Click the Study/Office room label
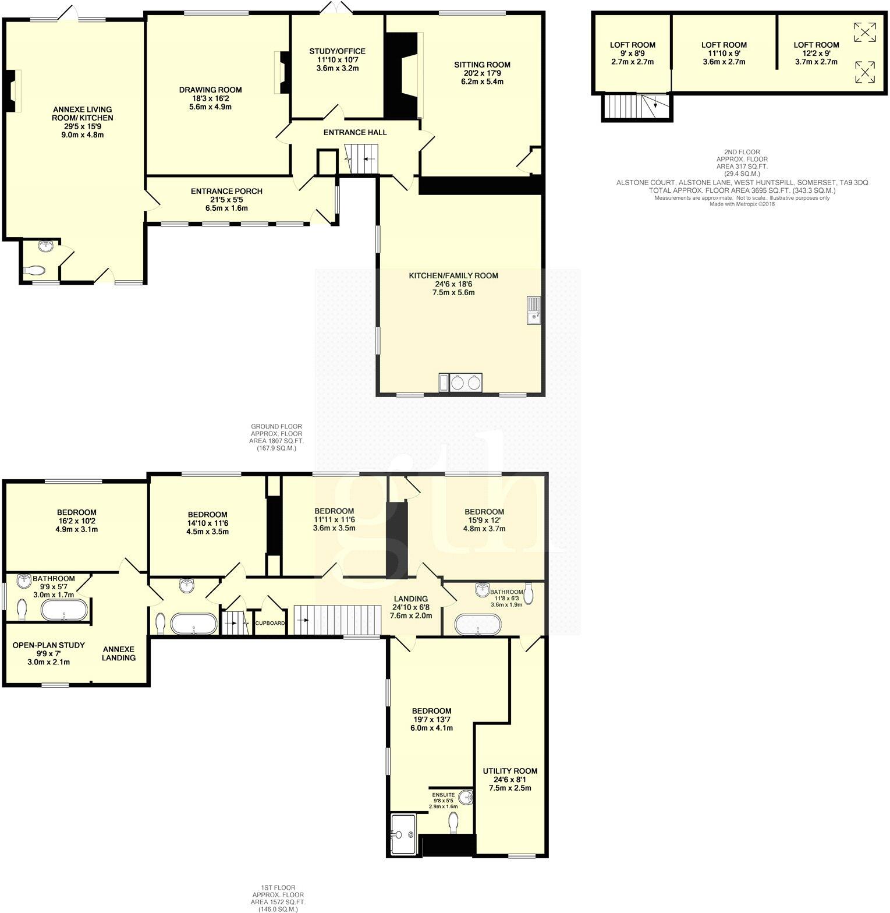(x=337, y=51)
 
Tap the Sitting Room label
(x=482, y=65)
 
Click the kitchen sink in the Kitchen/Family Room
(x=534, y=310)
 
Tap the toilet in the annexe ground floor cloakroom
(x=36, y=271)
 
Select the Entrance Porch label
(x=226, y=191)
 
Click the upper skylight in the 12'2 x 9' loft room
(x=864, y=32)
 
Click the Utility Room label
(x=510, y=771)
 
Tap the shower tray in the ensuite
(x=403, y=834)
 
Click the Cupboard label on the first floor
(x=271, y=623)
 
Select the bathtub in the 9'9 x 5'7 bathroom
(x=64, y=610)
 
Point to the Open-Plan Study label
(x=49, y=645)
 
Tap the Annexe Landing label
(x=119, y=653)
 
